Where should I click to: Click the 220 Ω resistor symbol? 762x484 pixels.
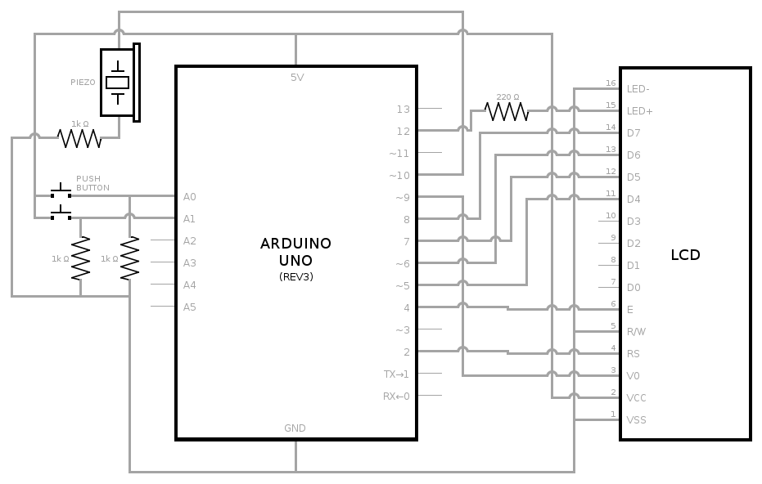point(507,110)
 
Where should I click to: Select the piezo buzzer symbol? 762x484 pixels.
point(119,83)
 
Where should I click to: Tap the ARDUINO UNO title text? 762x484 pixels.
point(295,251)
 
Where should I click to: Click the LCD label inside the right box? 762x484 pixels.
point(685,255)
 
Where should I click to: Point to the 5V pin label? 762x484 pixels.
point(296,78)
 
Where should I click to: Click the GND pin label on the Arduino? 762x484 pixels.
point(295,428)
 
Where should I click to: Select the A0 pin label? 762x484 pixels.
point(190,197)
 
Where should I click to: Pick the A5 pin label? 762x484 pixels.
point(190,307)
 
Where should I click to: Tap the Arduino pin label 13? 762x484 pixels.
point(402,109)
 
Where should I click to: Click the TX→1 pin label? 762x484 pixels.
point(396,374)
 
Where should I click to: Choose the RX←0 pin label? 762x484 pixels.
point(396,396)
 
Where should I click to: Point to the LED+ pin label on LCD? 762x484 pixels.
point(639,110)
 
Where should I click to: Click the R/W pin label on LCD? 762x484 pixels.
point(636,332)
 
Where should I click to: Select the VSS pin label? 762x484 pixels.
point(636,420)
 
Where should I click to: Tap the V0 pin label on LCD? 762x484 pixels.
point(633,376)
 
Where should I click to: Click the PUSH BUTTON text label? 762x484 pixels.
point(92,183)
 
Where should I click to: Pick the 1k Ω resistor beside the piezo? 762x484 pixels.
point(79,138)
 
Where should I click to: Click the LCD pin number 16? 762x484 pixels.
point(610,83)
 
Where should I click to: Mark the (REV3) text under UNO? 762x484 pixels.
point(295,277)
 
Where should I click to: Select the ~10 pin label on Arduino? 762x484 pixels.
point(399,175)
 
